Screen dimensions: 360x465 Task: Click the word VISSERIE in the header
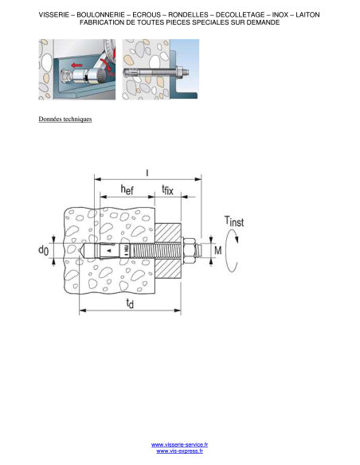(x=53, y=14)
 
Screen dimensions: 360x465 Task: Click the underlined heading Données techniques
(x=65, y=119)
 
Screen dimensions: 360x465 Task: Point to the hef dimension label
(x=127, y=190)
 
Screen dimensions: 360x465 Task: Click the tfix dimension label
(x=167, y=190)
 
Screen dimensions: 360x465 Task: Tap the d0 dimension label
(x=43, y=250)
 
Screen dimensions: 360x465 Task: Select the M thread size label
(x=218, y=251)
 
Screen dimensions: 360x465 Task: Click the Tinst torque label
(x=234, y=221)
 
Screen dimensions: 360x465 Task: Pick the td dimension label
(x=130, y=303)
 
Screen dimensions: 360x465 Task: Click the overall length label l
(x=147, y=173)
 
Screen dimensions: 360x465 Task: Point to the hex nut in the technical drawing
(x=189, y=251)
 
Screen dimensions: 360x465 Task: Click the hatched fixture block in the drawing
(x=168, y=251)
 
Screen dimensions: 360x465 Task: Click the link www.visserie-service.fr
(x=179, y=444)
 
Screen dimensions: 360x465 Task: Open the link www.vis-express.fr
(x=180, y=451)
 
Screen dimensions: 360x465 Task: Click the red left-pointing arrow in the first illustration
(x=77, y=64)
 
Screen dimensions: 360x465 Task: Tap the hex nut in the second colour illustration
(x=179, y=72)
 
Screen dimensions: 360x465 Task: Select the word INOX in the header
(x=280, y=14)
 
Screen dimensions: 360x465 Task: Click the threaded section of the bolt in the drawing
(x=156, y=251)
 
